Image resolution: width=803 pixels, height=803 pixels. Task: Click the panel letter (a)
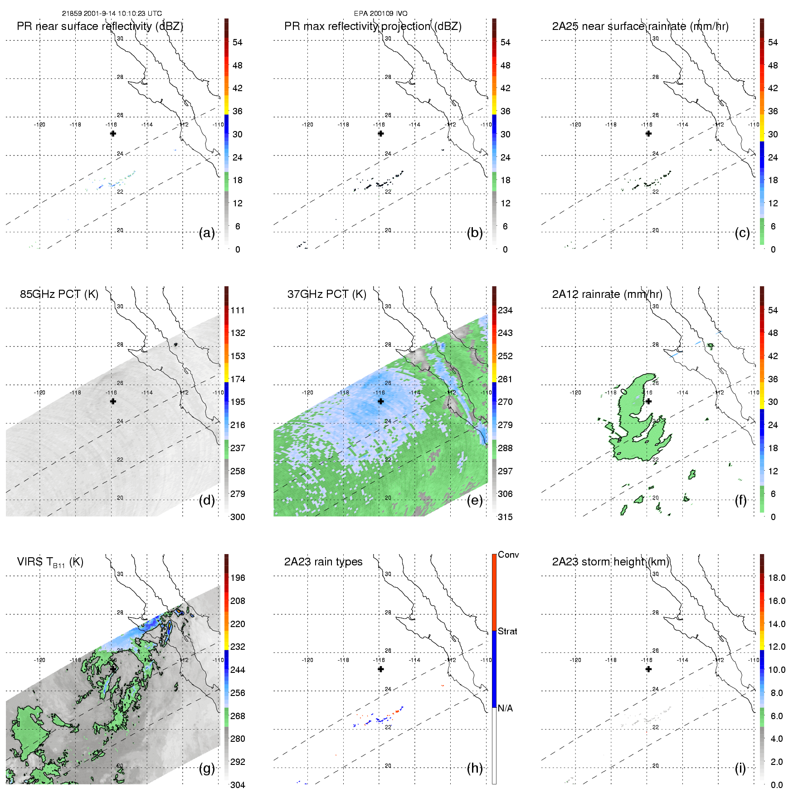coord(206,233)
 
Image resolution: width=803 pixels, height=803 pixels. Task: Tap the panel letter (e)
coord(474,501)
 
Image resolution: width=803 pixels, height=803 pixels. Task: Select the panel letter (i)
coord(740,768)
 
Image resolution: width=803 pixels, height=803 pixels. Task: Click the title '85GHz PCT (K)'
coord(59,294)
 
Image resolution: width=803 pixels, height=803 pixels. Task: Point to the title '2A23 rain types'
coord(323,562)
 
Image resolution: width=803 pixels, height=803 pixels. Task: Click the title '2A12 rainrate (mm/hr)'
coord(607,294)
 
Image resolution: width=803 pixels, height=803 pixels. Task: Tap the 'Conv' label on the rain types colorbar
coord(508,555)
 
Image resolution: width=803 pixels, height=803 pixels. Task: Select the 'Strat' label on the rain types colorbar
coord(507,632)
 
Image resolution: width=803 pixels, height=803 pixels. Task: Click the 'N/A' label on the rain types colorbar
coord(505,708)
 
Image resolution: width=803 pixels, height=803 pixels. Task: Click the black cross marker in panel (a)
coord(113,133)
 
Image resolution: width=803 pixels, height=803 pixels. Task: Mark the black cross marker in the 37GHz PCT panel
coord(381,401)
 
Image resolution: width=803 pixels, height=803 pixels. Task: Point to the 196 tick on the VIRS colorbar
coord(238,578)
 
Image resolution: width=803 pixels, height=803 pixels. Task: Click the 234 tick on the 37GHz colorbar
coord(505,311)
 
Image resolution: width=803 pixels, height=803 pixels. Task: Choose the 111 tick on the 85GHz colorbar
coord(238,311)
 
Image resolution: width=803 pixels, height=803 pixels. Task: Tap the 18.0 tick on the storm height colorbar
coord(777,578)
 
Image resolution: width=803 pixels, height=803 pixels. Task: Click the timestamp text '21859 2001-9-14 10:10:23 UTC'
coord(112,14)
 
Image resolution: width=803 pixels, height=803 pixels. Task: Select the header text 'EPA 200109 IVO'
coord(381,14)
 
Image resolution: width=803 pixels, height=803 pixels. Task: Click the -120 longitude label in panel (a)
coord(39,125)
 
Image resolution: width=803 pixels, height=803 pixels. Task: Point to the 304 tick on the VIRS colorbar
coord(238,785)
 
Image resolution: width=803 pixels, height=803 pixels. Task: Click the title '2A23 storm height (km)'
coord(610,562)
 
